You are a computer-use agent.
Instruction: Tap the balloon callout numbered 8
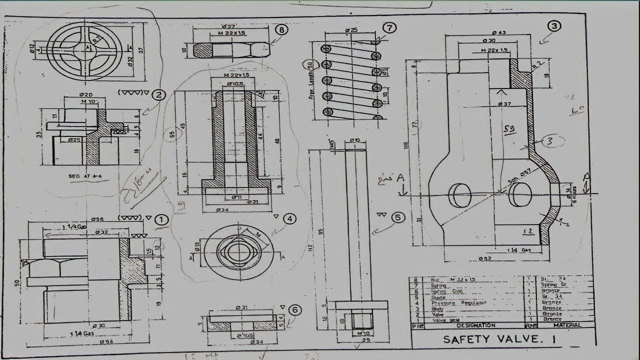(x=281, y=30)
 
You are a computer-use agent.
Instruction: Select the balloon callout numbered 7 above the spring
(x=389, y=28)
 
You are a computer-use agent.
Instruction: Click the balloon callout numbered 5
(x=397, y=217)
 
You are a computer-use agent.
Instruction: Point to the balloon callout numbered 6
(x=295, y=310)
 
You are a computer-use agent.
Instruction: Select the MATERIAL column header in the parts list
(x=567, y=325)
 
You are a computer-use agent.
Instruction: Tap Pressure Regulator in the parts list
(x=458, y=302)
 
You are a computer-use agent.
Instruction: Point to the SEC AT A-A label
(x=89, y=176)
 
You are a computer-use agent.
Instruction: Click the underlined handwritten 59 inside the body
(x=509, y=129)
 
